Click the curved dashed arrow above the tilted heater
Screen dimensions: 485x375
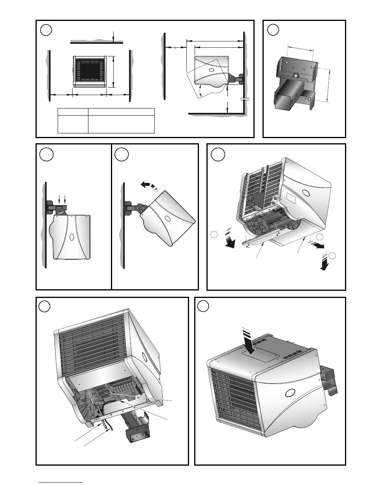(x=148, y=185)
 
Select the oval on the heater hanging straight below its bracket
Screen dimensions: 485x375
(x=72, y=238)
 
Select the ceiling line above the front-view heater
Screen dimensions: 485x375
(x=97, y=41)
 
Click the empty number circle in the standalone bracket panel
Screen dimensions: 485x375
(x=273, y=30)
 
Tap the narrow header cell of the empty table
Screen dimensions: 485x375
(x=73, y=111)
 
